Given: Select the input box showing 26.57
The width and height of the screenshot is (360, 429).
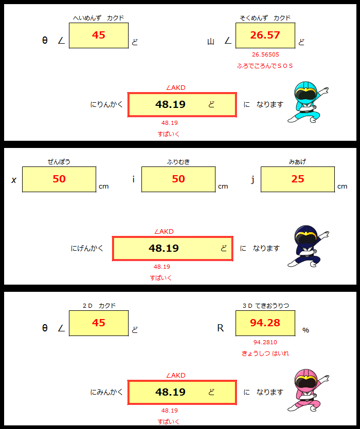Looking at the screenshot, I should click(x=265, y=35).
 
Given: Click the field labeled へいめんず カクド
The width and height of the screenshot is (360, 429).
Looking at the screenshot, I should click(x=98, y=35).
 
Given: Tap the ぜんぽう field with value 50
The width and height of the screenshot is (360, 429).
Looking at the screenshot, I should click(x=59, y=179).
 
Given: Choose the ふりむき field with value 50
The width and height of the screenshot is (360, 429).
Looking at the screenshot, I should click(x=178, y=179).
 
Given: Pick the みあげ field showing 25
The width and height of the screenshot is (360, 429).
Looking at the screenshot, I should click(x=298, y=179).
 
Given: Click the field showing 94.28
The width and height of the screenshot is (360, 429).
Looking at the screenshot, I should click(x=265, y=323).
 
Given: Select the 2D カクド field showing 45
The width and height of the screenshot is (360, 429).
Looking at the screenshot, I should click(x=98, y=323).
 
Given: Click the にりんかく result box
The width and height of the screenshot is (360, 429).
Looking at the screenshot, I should click(x=182, y=105).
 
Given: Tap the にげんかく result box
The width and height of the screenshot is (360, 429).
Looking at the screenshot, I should click(x=173, y=249).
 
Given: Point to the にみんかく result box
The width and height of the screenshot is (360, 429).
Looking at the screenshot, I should click(x=182, y=393).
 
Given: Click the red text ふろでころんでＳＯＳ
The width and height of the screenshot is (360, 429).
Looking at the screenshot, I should click(x=265, y=66).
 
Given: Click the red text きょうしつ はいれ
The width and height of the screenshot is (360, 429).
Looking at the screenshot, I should click(x=265, y=353).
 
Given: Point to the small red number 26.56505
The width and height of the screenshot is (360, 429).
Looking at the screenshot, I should click(x=265, y=54).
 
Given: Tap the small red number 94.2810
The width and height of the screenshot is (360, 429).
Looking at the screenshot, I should click(x=265, y=342).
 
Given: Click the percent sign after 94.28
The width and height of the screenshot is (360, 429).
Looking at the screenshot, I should click(x=306, y=330).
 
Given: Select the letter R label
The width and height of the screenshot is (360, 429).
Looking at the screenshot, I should click(x=221, y=328).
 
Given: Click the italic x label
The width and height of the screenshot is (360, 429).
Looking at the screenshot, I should click(x=14, y=180).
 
